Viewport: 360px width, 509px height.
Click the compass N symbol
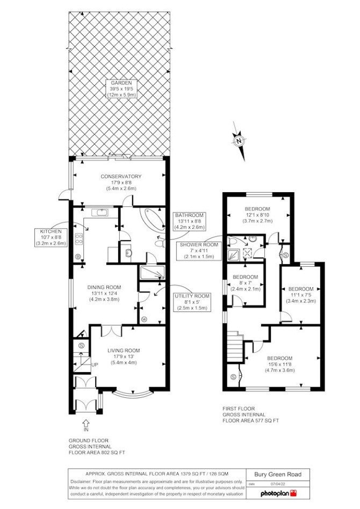(x=239, y=141)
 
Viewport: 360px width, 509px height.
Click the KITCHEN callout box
(x=51, y=237)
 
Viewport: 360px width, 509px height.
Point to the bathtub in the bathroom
(x=152, y=221)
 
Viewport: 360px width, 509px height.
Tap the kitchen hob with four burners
(x=79, y=239)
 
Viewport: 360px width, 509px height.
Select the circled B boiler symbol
(x=78, y=257)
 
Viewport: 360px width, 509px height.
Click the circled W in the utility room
(x=144, y=319)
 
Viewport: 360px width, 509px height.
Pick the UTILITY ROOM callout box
(x=192, y=302)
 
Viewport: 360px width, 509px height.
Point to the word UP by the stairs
(x=95, y=365)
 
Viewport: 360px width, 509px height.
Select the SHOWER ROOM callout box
(x=199, y=250)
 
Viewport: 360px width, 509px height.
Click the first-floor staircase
(x=235, y=346)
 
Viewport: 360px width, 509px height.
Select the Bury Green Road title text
(x=278, y=474)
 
